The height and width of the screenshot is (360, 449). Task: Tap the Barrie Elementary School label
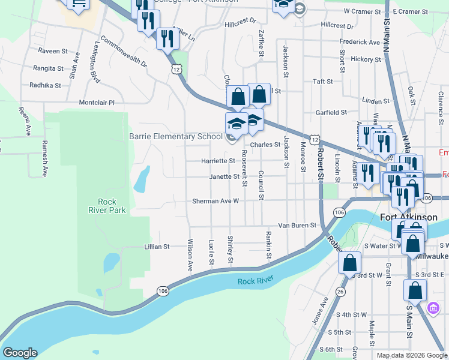176,136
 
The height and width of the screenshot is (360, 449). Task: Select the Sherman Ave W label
215,201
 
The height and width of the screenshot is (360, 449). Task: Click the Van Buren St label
297,225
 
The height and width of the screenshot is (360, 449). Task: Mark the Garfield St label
331,112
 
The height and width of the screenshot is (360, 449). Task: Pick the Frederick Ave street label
360,42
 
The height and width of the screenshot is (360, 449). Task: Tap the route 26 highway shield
340,292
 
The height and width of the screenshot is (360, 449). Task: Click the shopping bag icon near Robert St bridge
349,262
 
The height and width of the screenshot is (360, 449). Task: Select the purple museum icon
432,308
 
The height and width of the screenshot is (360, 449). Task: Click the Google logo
20,353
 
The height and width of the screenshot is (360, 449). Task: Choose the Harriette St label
218,161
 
